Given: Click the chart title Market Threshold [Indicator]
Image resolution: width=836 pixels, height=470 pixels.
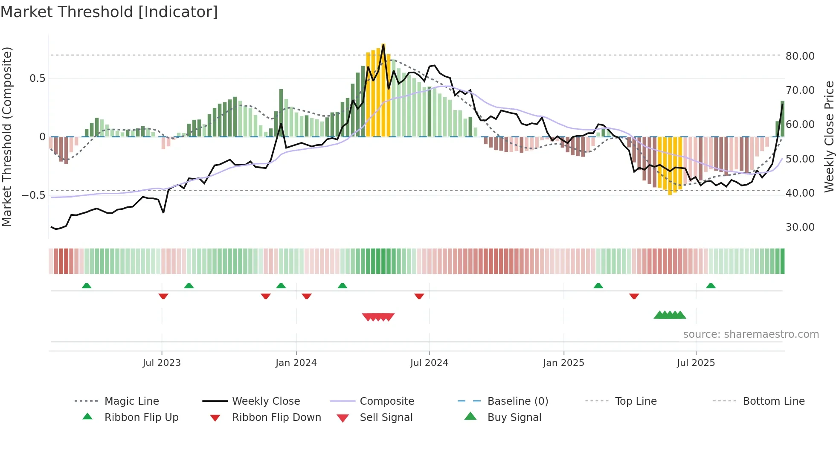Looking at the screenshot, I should click(109, 12).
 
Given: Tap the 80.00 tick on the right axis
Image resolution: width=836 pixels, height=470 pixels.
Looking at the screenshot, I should click(800, 56).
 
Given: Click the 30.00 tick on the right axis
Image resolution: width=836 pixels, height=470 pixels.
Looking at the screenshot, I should click(800, 227).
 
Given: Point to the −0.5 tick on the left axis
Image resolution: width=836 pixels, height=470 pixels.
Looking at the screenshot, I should click(34, 195).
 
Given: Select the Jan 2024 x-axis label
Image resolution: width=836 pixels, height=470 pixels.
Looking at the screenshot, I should click(296, 363).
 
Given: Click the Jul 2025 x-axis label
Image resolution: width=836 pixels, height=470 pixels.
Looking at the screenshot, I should click(696, 363).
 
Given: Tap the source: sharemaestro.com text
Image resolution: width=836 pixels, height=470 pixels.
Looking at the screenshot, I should click(751, 334).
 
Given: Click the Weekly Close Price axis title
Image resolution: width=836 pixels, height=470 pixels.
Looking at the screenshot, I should click(829, 136).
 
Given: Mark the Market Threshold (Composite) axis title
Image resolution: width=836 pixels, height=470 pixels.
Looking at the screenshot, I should click(7, 136).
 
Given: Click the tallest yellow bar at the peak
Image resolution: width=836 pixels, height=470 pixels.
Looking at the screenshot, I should click(383, 90).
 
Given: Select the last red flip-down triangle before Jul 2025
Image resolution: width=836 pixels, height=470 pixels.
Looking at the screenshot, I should click(634, 296).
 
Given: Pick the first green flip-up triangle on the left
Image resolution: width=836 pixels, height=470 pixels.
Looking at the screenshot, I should click(87, 285).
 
